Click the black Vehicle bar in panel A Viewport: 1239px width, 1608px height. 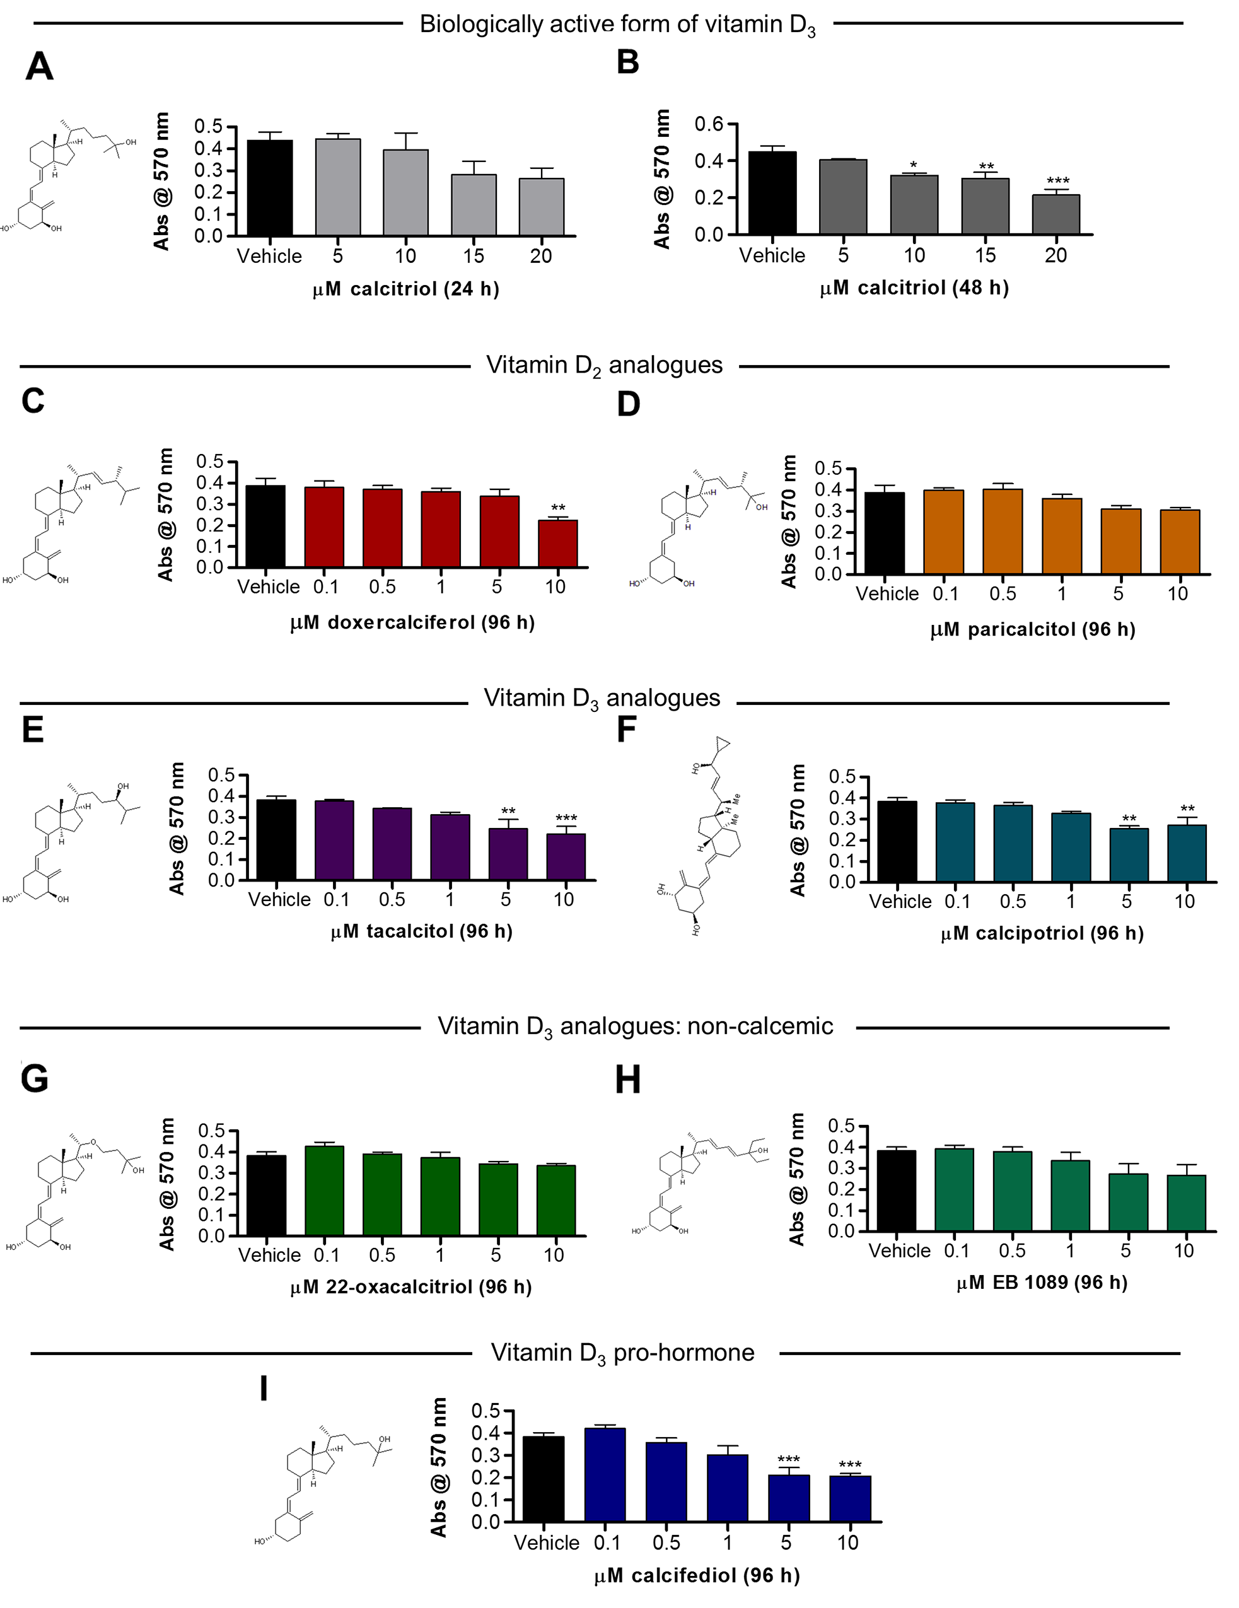[269, 188]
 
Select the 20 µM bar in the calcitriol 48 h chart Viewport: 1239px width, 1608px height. [1056, 215]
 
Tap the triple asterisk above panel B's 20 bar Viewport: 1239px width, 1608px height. [1058, 181]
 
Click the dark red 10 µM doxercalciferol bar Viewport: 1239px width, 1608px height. [557, 544]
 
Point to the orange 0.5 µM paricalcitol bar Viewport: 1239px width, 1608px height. [1003, 532]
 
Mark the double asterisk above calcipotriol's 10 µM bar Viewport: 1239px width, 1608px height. [1187, 809]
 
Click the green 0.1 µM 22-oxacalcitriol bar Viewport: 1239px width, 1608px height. [324, 1191]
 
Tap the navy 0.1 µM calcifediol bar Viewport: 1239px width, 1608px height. [605, 1475]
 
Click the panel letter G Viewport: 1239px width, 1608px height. [35, 1080]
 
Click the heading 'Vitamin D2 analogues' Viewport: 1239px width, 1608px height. [603, 365]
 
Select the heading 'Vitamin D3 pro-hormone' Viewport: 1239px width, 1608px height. [622, 1353]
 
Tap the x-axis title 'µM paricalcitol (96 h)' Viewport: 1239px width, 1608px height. [1032, 629]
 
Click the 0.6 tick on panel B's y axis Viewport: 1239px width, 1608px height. [709, 124]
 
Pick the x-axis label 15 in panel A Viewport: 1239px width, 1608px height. [474, 256]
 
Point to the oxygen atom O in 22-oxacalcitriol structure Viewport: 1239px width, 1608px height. [93, 1142]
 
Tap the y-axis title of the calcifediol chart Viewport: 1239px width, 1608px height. [439, 1467]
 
